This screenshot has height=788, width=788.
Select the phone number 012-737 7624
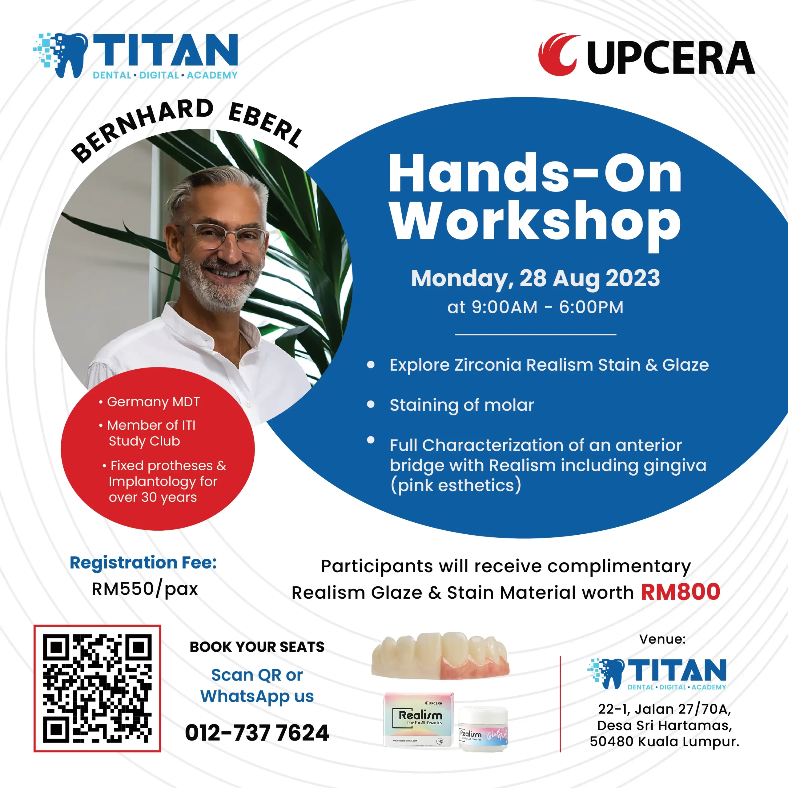[257, 733]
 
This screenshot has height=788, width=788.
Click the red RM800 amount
[680, 592]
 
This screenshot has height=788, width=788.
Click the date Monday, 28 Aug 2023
[535, 279]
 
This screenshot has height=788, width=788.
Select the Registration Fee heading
[143, 563]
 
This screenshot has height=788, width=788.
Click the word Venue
[662, 639]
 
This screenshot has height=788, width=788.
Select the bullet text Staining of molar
[462, 405]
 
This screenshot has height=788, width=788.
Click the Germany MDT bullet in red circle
[149, 402]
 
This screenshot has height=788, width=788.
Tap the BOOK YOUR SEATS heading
[257, 647]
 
